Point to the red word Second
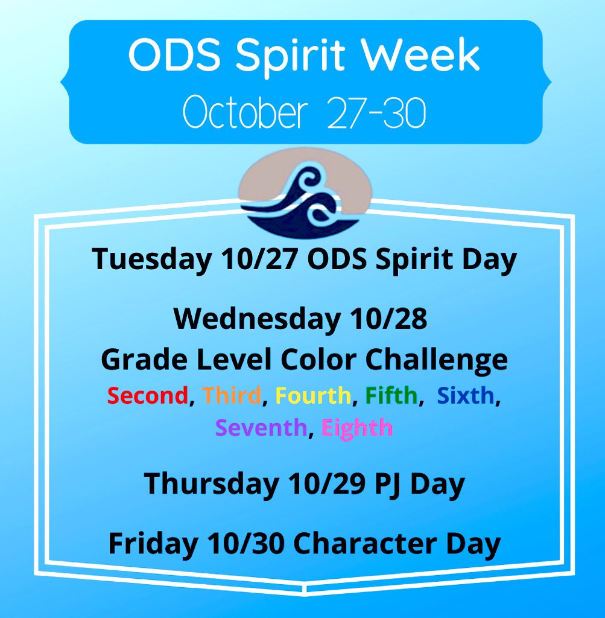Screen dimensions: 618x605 coord(148,395)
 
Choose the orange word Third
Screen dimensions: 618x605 coord(232,395)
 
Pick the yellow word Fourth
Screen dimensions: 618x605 coord(312,395)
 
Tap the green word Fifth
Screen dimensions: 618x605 coord(390,395)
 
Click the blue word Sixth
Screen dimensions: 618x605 coord(466,395)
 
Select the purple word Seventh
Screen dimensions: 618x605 coord(261,427)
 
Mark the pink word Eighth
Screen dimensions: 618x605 coord(356,427)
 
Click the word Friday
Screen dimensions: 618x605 coord(152,544)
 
